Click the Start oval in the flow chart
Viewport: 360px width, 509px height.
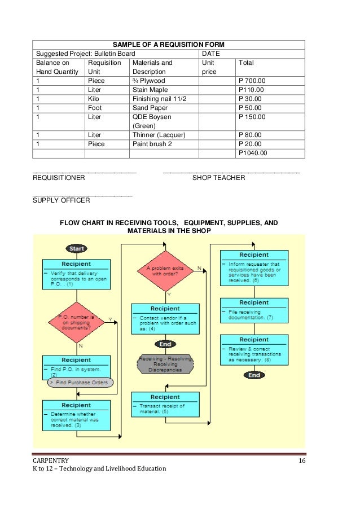tap(76, 248)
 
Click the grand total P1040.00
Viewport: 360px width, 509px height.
tap(253, 152)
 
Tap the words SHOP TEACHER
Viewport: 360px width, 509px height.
tap(218, 178)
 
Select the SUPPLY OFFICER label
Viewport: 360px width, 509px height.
tap(61, 200)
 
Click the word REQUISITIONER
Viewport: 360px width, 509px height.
tap(59, 178)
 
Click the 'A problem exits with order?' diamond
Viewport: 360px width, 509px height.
tap(165, 271)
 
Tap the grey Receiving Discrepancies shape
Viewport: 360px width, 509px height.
tap(165, 363)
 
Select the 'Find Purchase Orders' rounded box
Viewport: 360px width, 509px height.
tap(80, 382)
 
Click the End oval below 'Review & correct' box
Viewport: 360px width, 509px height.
tap(254, 375)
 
